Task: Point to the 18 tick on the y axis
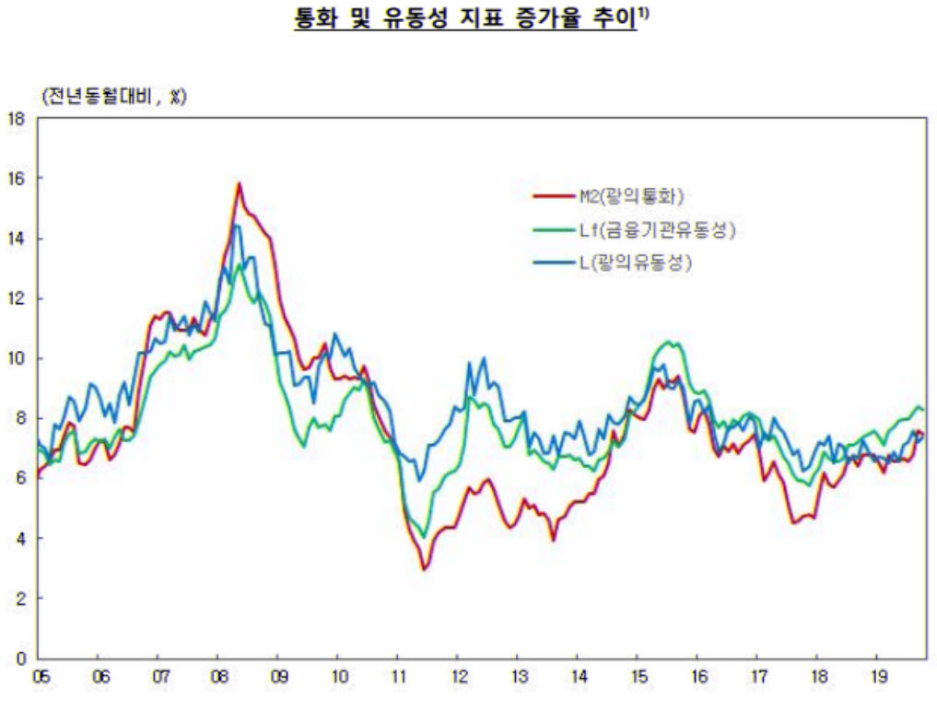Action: coord(16,118)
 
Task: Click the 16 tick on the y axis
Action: coord(16,178)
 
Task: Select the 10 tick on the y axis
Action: coord(16,358)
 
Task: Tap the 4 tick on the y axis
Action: coord(19,538)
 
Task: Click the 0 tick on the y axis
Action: coord(19,659)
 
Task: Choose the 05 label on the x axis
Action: coord(41,677)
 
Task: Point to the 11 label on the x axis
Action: coord(396,677)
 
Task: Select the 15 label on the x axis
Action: coord(636,677)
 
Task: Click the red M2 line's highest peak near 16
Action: coord(239,183)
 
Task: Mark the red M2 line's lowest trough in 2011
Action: coord(425,569)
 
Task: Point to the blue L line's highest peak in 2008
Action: coord(237,225)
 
